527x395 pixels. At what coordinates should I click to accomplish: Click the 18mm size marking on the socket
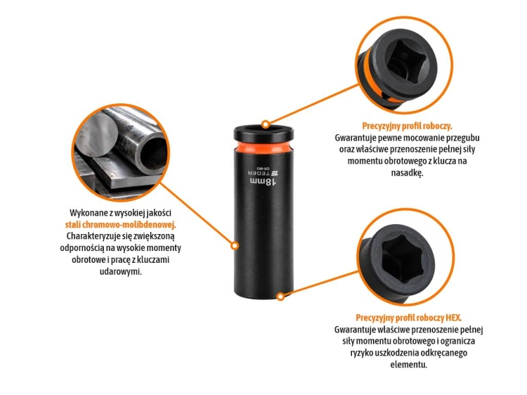pyautogui.click(x=263, y=182)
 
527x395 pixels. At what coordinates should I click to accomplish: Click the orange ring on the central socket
pyautogui.click(x=263, y=146)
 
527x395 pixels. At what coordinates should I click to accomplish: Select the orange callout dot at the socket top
pyautogui.click(x=266, y=124)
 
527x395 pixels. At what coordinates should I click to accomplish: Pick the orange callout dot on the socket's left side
pyautogui.click(x=235, y=246)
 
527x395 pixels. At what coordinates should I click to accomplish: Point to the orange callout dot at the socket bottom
pyautogui.click(x=280, y=297)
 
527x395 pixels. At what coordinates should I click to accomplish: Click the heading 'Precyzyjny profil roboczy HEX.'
pyautogui.click(x=409, y=318)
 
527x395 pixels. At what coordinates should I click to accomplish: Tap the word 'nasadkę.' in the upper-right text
pyautogui.click(x=407, y=173)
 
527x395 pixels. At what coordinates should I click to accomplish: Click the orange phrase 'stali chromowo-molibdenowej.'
pyautogui.click(x=121, y=224)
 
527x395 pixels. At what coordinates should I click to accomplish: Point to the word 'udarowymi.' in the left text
pyautogui.click(x=121, y=271)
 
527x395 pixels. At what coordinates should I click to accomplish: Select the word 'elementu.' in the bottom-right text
pyautogui.click(x=409, y=364)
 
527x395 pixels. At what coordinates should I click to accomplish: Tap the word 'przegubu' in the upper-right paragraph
pyautogui.click(x=463, y=138)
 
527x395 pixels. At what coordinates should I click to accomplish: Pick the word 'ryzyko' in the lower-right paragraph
pyautogui.click(x=363, y=353)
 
